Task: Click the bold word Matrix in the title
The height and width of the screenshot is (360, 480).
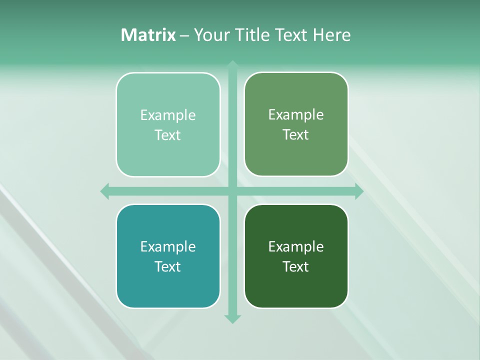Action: coord(148,35)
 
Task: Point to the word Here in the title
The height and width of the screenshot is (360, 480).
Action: coord(331,35)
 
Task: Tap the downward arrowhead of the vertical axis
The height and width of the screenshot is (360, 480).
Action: coord(232,319)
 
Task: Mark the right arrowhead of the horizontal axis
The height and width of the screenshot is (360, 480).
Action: coord(359,191)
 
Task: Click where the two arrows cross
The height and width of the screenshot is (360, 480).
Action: coord(232,191)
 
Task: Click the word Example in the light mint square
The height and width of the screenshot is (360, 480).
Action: coord(168,115)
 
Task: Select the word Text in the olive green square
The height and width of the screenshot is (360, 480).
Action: coord(296,135)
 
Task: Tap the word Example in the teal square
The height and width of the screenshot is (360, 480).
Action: coord(168,247)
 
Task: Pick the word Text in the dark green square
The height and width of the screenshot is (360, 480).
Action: coord(296,267)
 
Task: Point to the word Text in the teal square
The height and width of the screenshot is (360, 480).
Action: coord(168,267)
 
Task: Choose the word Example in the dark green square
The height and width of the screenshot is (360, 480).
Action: coord(296,247)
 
